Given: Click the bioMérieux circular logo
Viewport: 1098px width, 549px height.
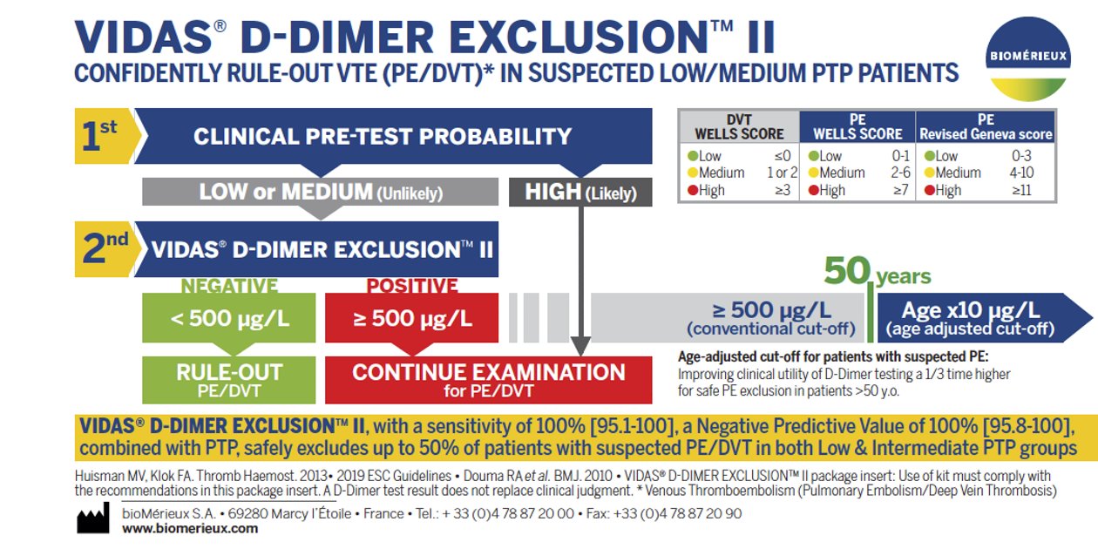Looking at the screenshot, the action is pos(1028,59).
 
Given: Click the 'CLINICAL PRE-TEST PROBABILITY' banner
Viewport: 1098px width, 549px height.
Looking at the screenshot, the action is pos(393,136).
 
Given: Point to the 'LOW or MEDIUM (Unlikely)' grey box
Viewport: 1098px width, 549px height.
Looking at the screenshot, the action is pos(320,192).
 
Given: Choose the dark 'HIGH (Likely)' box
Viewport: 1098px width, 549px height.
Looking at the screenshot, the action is pos(580,192).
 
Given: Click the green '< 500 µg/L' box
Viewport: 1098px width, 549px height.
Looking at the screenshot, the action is pos(229,317).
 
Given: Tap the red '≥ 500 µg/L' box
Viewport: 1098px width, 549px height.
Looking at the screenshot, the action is pos(411,317).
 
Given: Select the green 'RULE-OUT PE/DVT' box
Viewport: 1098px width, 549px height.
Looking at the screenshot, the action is pos(229,380).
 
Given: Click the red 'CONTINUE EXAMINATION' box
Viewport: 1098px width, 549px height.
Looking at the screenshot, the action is pos(488,380).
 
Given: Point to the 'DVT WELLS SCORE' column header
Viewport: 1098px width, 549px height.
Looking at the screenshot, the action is pos(739,126).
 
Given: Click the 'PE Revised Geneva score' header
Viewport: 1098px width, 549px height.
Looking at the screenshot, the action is pos(986,126).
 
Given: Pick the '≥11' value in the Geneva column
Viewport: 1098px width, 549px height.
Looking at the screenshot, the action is pos(1021,190).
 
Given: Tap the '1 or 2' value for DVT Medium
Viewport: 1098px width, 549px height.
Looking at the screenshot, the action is pos(782,173).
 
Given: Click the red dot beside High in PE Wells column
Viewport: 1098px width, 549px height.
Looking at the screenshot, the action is pos(814,190).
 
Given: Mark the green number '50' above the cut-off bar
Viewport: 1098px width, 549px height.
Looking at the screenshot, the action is pos(847,270).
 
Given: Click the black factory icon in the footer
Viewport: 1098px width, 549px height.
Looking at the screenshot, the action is pos(93,518).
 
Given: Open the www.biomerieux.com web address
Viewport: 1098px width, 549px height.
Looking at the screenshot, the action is pos(190,529).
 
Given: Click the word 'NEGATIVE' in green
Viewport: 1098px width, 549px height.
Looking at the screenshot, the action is pos(229,285).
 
